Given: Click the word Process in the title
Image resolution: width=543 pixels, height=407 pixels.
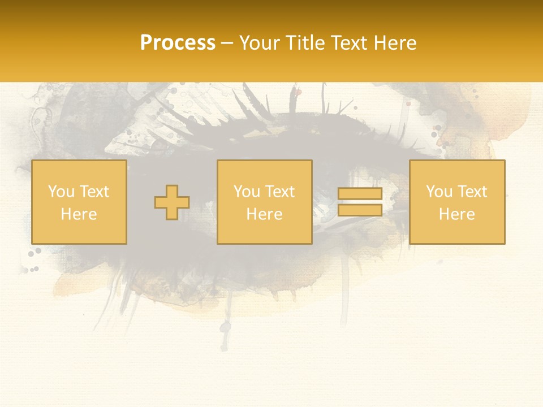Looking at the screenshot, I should [178, 43].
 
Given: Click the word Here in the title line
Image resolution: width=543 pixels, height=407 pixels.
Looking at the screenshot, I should [396, 43].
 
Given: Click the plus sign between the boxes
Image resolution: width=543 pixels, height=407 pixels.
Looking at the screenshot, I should [172, 202].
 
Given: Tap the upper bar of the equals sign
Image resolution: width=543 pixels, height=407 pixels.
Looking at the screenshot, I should [360, 194].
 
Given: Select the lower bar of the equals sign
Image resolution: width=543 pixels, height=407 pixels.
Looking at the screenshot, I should [360, 210].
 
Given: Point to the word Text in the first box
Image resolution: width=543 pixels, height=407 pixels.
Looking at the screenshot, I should [94, 192].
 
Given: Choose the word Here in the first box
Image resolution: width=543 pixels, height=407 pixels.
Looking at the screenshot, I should [79, 214].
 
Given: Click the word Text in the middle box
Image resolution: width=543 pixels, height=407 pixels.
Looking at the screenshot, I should [279, 192].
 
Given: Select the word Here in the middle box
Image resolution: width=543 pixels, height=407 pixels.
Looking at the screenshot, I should [264, 214].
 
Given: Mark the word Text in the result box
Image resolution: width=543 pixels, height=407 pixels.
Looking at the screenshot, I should [472, 192].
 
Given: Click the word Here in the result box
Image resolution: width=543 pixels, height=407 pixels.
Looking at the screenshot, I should [456, 214].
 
